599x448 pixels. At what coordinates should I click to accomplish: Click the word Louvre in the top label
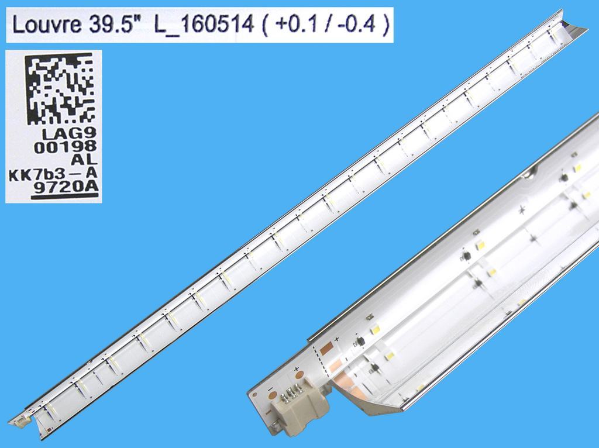click(44, 26)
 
